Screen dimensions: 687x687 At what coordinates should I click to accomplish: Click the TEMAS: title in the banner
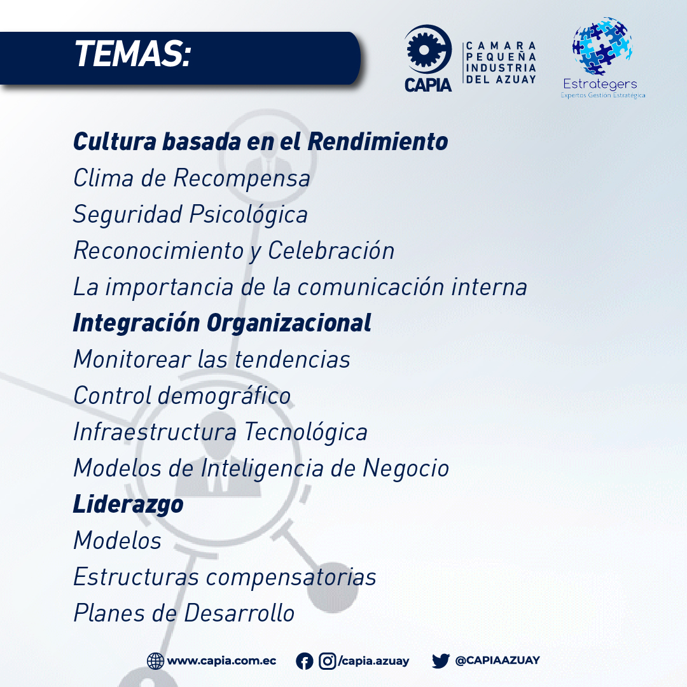point(133,54)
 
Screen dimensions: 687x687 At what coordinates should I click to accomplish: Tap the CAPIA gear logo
point(427,50)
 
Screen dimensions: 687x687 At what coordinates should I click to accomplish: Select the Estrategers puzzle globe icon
point(602,46)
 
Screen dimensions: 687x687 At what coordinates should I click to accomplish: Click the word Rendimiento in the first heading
point(378,141)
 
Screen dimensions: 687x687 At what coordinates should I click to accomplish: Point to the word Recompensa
point(242,179)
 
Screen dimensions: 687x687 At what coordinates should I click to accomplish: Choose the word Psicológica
point(249,215)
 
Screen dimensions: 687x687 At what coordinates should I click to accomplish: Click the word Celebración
point(331,251)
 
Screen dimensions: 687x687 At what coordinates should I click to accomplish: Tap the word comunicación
point(371,287)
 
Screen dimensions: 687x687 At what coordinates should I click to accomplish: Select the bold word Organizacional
point(289,324)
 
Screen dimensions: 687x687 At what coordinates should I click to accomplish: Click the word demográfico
point(224,396)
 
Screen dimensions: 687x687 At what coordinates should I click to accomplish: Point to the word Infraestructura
point(155,431)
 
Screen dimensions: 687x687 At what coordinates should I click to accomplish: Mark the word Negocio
point(406,469)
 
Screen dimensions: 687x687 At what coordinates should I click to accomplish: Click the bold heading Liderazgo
point(128,504)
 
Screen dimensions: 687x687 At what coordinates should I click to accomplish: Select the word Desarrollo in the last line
point(239,613)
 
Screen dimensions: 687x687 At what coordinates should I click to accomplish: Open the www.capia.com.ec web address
point(222,661)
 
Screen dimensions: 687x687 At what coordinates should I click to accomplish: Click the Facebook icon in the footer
point(305,661)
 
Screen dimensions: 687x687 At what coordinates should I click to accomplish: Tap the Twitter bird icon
point(441,661)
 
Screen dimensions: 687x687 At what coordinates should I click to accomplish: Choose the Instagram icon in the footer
point(328,661)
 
